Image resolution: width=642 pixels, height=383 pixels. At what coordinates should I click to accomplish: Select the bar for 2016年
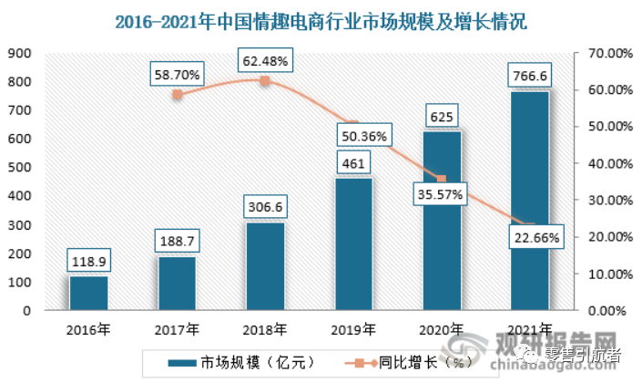(89, 293)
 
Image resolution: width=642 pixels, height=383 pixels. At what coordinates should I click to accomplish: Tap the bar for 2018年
(264, 266)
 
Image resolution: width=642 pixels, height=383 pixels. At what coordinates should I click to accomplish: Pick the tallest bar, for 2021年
(528, 201)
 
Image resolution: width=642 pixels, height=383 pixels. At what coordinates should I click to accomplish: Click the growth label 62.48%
(265, 62)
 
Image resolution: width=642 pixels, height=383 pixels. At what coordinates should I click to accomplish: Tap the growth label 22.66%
(529, 238)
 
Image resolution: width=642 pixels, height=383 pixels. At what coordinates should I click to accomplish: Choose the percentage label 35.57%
(441, 193)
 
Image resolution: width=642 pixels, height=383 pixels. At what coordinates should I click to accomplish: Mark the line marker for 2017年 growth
(178, 94)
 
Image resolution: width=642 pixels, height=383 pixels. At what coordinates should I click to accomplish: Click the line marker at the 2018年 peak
(265, 81)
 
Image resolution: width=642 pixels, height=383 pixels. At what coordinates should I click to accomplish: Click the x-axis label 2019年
(352, 329)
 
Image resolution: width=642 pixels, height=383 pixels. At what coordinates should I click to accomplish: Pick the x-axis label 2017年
(177, 329)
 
